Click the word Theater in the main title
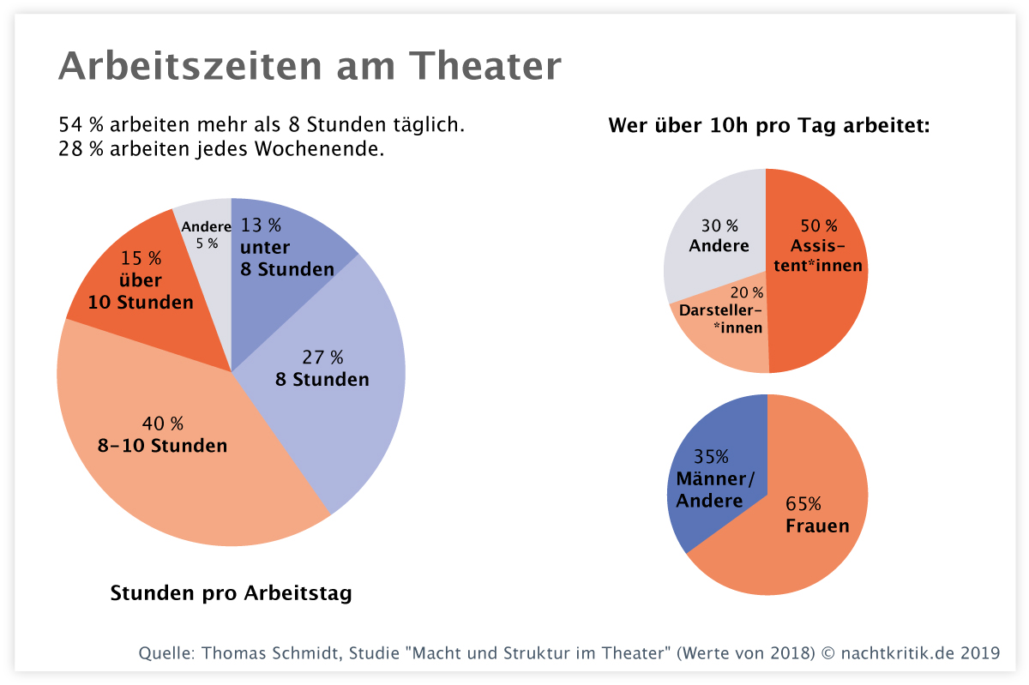click(485, 65)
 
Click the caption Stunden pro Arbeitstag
click(231, 593)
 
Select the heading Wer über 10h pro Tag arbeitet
click(769, 126)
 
